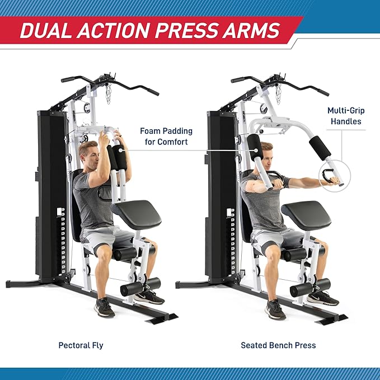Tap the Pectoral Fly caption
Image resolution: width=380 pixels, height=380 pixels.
pos(81,345)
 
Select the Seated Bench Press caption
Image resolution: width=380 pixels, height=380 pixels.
pos(278,345)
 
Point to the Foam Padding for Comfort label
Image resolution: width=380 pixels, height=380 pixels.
pos(166,137)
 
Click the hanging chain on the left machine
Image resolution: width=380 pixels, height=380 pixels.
pos(108,93)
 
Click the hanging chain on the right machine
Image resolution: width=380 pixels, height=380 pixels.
pos(278,93)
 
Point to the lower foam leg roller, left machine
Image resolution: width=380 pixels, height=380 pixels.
pos(140,287)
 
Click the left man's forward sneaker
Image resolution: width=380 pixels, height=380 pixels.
pos(105,307)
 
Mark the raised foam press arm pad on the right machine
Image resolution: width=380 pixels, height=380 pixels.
pos(320,147)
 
